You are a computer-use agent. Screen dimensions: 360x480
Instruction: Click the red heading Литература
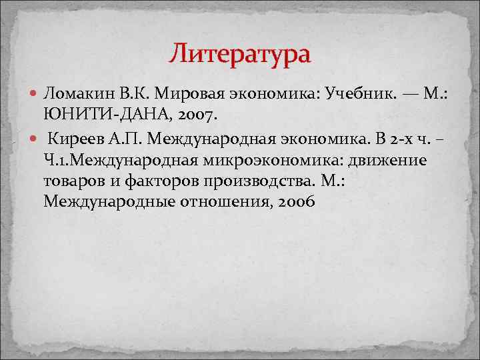click(x=239, y=53)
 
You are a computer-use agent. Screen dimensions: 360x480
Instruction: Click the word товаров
click(x=73, y=181)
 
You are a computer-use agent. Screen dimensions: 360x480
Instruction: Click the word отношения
click(x=223, y=201)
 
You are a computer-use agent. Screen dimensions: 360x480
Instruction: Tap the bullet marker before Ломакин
click(x=33, y=94)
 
